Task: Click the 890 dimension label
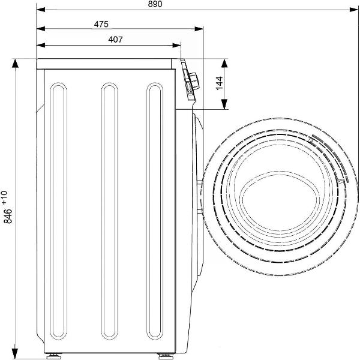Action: point(155,4)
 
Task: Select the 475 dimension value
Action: point(101,24)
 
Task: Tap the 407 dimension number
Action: point(115,40)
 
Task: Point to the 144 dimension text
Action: point(220,83)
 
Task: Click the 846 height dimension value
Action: point(8,216)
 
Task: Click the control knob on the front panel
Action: point(194,81)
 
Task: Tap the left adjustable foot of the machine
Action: point(53,356)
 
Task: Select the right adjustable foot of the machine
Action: point(166,356)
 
